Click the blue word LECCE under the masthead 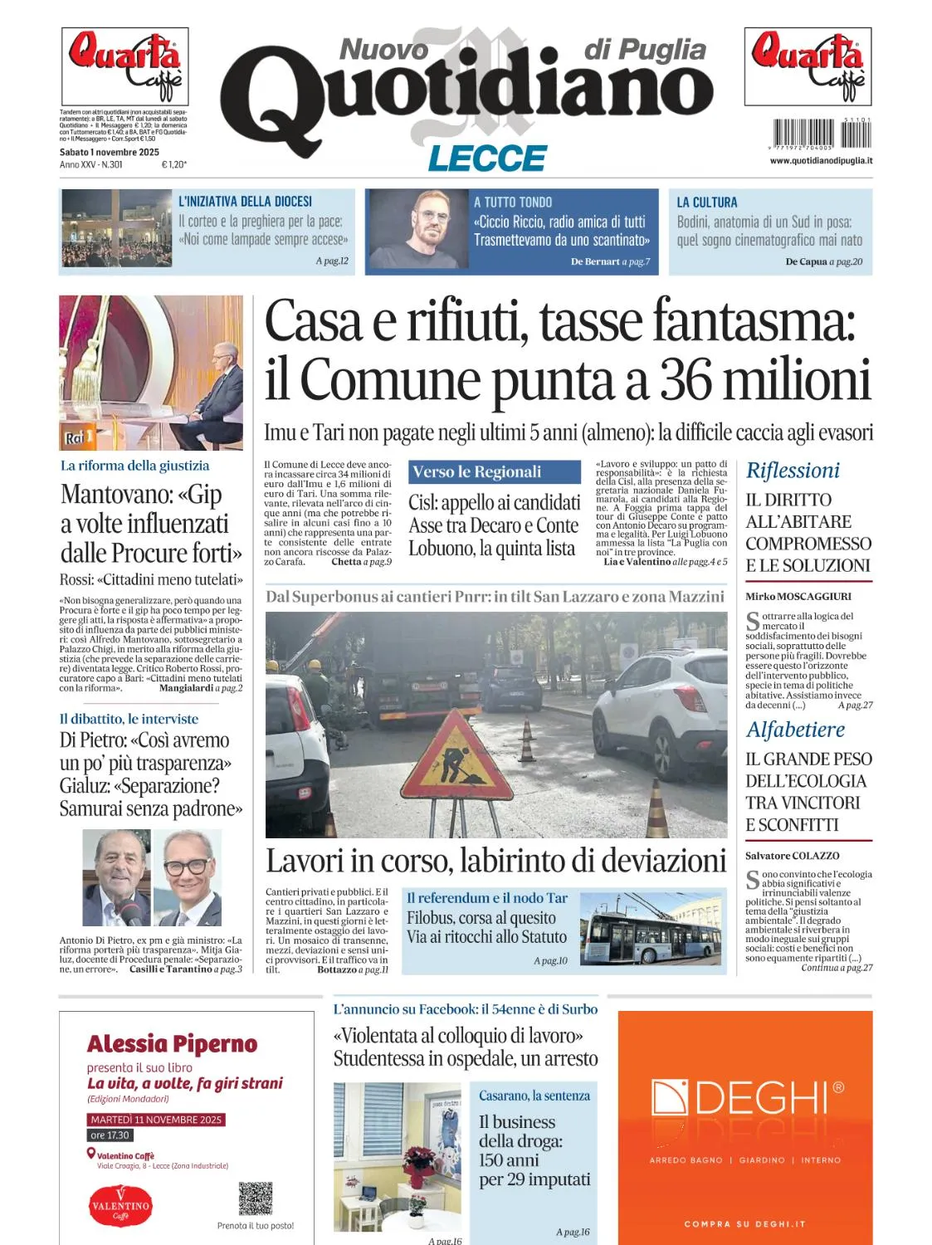[x=487, y=158]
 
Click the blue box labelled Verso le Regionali [x=494, y=472]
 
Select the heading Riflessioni [x=793, y=471]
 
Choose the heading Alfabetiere [x=795, y=730]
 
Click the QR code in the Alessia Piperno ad [x=255, y=1199]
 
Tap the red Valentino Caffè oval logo [x=120, y=1207]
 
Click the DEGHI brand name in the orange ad [x=747, y=1099]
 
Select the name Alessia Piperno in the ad [x=172, y=1044]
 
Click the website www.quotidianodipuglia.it [x=821, y=160]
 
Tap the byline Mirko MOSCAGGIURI [x=798, y=596]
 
